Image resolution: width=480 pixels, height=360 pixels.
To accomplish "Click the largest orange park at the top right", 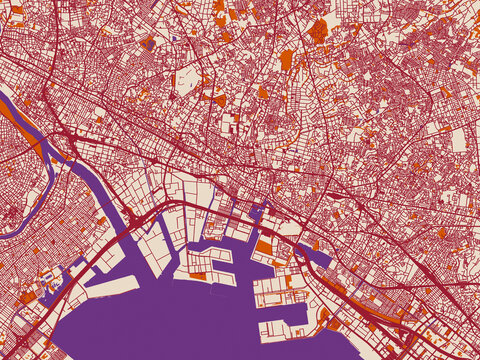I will (318, 30).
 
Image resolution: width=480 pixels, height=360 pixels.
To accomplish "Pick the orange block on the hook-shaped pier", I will (198, 275).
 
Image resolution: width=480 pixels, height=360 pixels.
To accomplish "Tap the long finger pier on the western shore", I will (110, 280).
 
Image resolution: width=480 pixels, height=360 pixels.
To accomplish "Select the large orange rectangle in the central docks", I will (264, 246).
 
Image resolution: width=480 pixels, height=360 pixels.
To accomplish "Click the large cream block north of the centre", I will (188, 81).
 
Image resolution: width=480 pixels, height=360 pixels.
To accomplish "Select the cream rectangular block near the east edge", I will (458, 140).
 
